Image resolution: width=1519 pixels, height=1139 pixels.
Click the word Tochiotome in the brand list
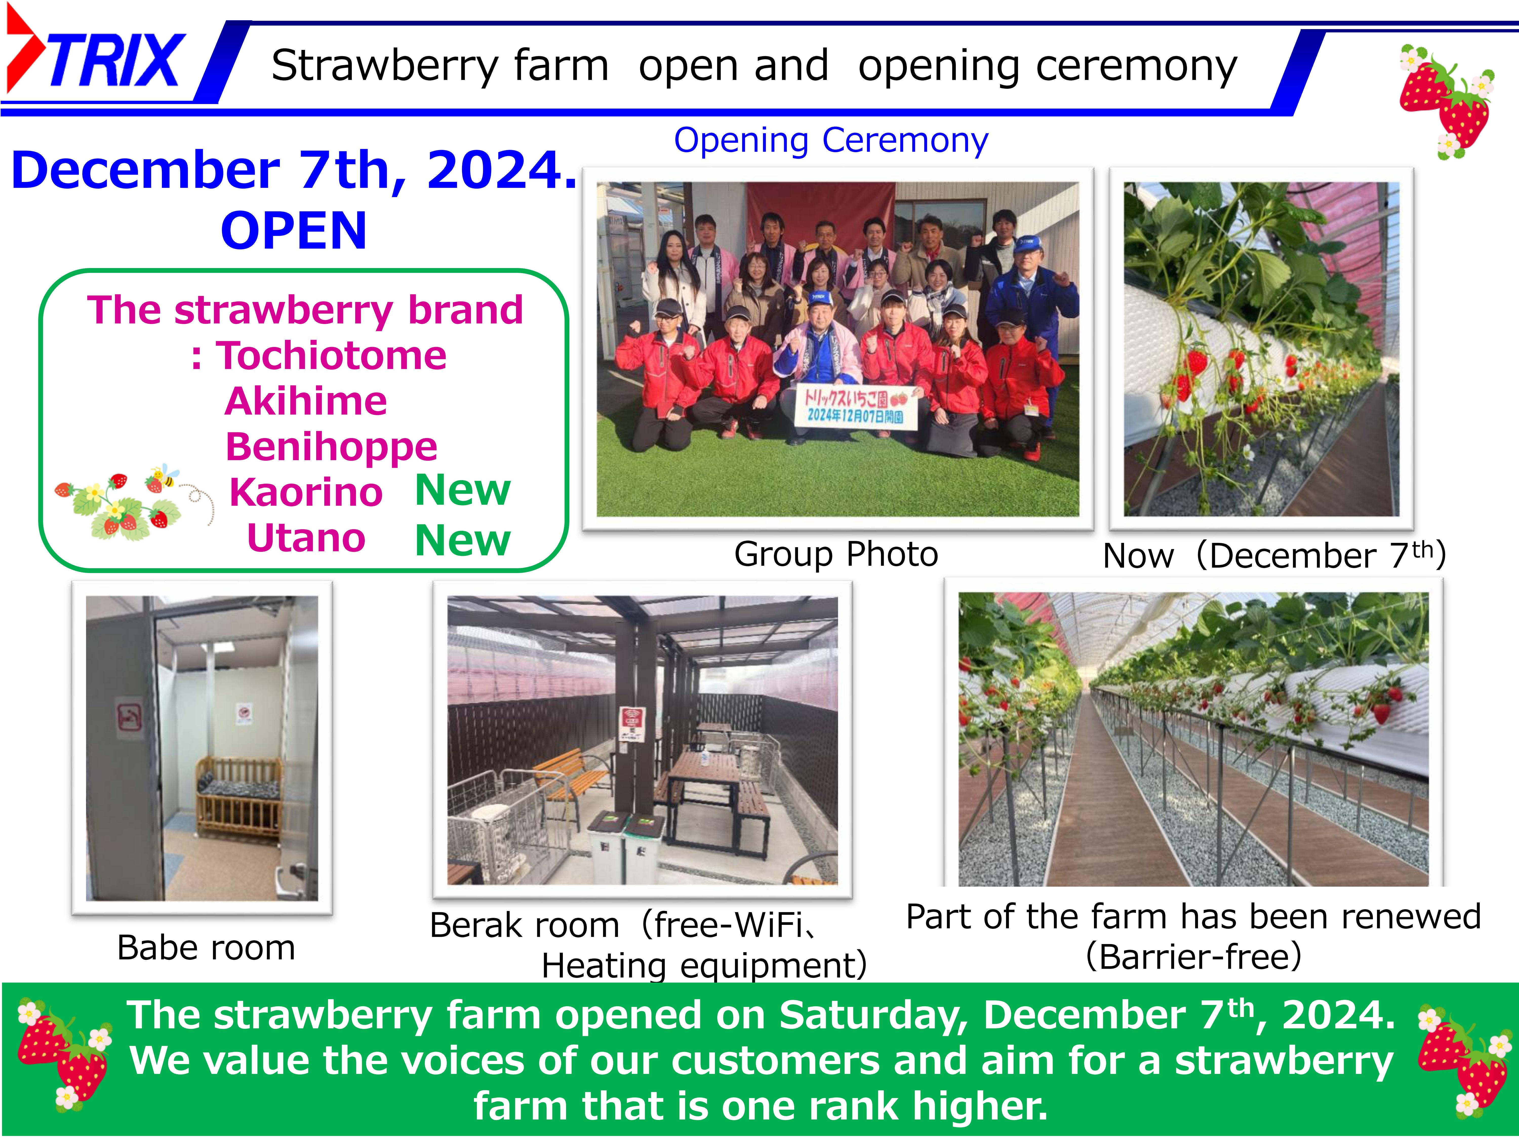click(x=332, y=356)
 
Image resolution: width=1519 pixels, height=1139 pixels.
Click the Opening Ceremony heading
click(x=831, y=141)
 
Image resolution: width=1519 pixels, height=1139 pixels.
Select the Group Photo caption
click(x=836, y=554)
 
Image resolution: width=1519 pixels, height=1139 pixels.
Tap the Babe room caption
click(x=206, y=948)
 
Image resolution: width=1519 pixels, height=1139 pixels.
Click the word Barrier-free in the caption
click(x=1193, y=956)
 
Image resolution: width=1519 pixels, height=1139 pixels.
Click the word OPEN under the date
click(x=294, y=231)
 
